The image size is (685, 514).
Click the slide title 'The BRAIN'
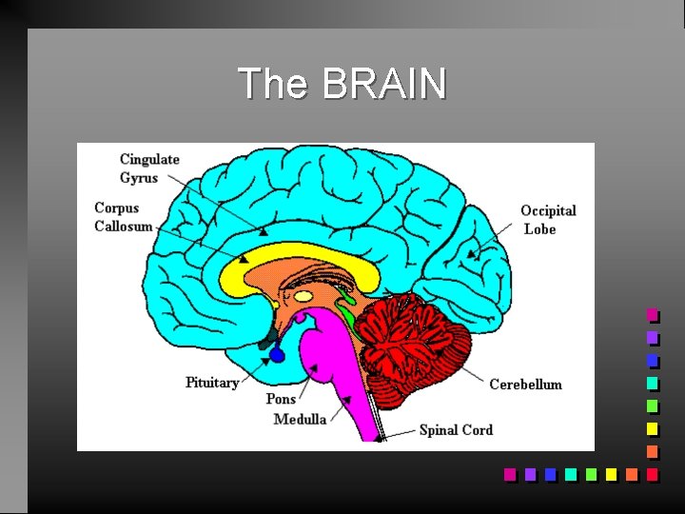click(x=342, y=84)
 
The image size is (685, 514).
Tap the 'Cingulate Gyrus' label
click(x=149, y=168)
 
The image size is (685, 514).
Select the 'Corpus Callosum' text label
click(x=123, y=217)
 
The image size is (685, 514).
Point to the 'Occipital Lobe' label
click(x=547, y=220)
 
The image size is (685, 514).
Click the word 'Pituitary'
click(x=211, y=383)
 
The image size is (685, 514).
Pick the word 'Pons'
click(x=281, y=399)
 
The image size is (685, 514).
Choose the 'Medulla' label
click(x=300, y=419)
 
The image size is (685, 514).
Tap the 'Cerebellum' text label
click(x=525, y=385)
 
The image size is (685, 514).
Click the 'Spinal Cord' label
click(x=456, y=430)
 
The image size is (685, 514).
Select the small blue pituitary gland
click(x=277, y=355)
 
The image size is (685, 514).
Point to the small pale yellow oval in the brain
click(x=303, y=297)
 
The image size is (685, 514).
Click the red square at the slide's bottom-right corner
click(x=652, y=473)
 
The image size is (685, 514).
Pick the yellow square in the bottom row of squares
click(x=611, y=473)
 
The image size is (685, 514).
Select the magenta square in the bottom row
click(x=509, y=473)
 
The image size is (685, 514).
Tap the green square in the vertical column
click(x=652, y=405)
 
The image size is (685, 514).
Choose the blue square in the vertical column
click(x=652, y=360)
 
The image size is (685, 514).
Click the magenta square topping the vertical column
click(x=652, y=314)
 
